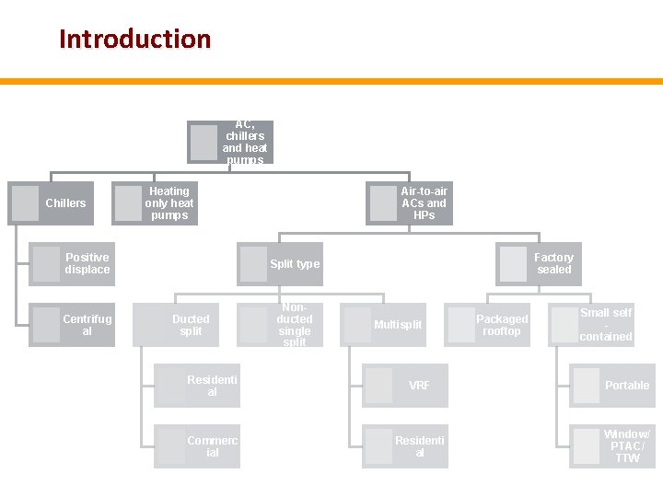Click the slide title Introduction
click(134, 40)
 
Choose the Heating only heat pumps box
click(155, 203)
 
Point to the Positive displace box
click(73, 264)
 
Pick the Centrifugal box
click(73, 325)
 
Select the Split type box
click(281, 264)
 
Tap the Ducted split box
click(177, 325)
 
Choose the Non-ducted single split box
click(281, 325)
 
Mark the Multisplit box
click(384, 325)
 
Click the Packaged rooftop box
click(488, 325)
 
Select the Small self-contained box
click(592, 325)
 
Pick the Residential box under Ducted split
click(197, 386)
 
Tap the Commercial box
click(197, 446)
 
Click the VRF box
click(405, 386)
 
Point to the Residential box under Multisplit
click(405, 446)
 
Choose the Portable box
click(612, 386)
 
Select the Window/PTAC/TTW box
click(612, 446)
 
